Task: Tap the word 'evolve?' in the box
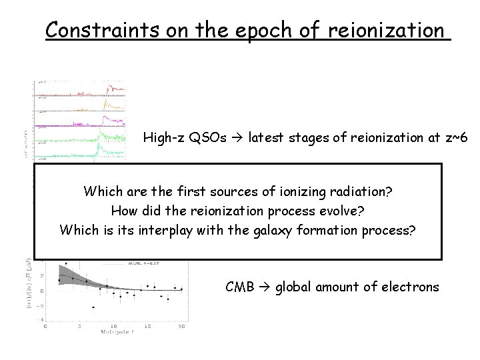[341, 211]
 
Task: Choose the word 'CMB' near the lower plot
[240, 287]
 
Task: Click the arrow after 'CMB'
[266, 287]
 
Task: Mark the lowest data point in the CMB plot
[93, 307]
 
